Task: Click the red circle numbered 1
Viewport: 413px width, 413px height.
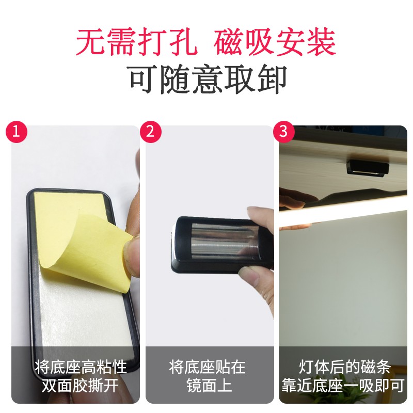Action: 17,131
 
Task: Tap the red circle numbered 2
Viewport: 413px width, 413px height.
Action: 150,131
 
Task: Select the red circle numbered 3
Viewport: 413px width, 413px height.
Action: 283,131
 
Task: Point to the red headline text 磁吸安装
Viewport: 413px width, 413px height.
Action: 275,42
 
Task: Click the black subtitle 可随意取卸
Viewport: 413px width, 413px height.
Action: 208,80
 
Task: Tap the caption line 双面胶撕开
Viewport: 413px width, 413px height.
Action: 80,386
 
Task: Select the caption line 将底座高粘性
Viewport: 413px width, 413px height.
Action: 81,367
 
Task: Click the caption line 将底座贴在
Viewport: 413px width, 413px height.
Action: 208,367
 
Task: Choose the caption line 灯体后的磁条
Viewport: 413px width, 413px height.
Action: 344,367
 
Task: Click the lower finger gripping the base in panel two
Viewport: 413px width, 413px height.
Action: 251,279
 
